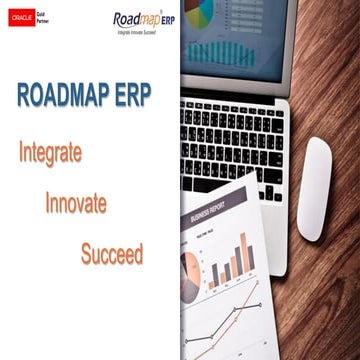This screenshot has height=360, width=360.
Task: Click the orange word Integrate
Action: (x=50, y=154)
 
